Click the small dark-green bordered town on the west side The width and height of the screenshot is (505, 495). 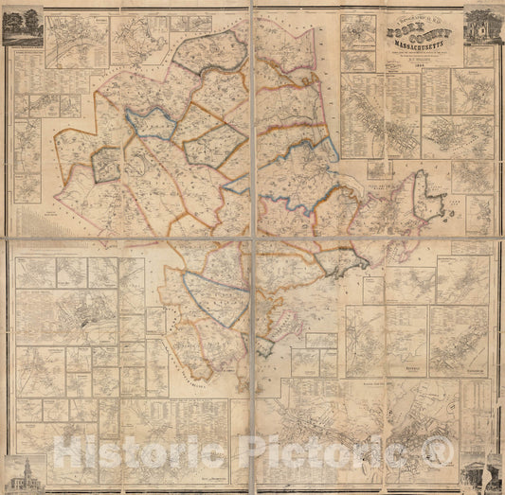(x=106, y=165)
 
